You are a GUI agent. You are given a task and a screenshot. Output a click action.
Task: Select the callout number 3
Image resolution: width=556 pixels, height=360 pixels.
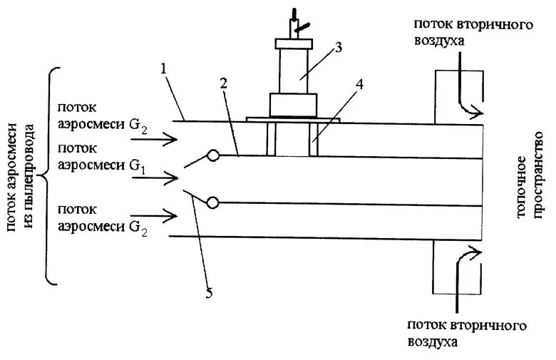pos(339,48)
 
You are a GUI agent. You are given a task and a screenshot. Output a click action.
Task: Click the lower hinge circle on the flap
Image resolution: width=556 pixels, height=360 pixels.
pos(212,203)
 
